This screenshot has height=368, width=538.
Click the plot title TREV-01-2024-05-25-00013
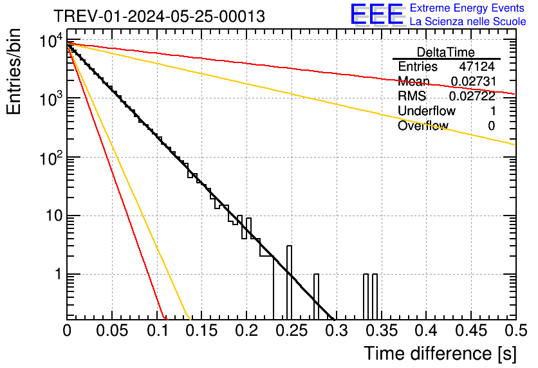click(x=159, y=17)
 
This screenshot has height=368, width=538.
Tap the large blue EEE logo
click(x=376, y=15)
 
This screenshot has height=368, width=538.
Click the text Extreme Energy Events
click(x=468, y=8)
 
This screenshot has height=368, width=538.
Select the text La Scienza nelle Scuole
click(x=468, y=21)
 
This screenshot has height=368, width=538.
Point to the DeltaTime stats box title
click(x=446, y=52)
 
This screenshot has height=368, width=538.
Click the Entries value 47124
click(x=477, y=67)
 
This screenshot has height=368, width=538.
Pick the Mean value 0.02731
click(x=472, y=82)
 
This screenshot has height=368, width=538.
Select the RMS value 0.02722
click(x=472, y=97)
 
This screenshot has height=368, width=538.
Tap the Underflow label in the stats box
click(x=427, y=111)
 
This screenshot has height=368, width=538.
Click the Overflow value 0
click(x=491, y=126)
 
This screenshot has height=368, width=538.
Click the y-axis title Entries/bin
click(x=15, y=72)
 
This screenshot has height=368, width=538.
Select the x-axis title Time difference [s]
click(x=440, y=353)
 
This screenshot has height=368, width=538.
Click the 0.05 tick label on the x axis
click(x=112, y=331)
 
